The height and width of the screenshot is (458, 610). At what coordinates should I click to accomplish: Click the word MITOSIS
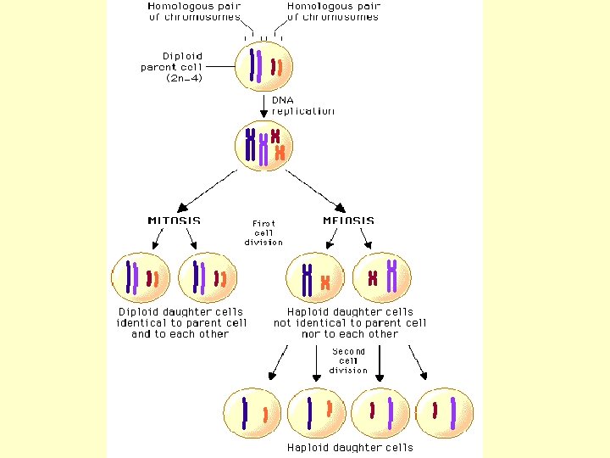pyautogui.click(x=175, y=221)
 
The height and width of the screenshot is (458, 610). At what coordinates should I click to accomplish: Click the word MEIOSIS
pyautogui.click(x=348, y=221)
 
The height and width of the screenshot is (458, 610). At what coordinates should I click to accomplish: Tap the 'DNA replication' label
pyautogui.click(x=302, y=105)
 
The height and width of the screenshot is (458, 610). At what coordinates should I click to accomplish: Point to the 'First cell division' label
pyautogui.click(x=263, y=232)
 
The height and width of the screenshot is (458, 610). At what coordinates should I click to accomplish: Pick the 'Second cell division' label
pyautogui.click(x=349, y=360)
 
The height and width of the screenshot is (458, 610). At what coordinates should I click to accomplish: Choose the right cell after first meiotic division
pyautogui.click(x=383, y=276)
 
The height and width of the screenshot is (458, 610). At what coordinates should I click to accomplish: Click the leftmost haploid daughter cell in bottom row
pyautogui.click(x=252, y=412)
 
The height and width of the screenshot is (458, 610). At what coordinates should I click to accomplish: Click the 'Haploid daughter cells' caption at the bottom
pyautogui.click(x=350, y=447)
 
